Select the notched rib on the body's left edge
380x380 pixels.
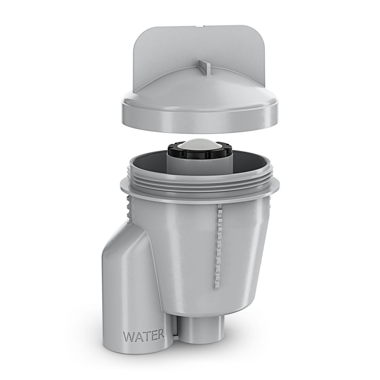(x=129, y=210)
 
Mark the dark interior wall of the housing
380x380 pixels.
(x=147, y=163)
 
